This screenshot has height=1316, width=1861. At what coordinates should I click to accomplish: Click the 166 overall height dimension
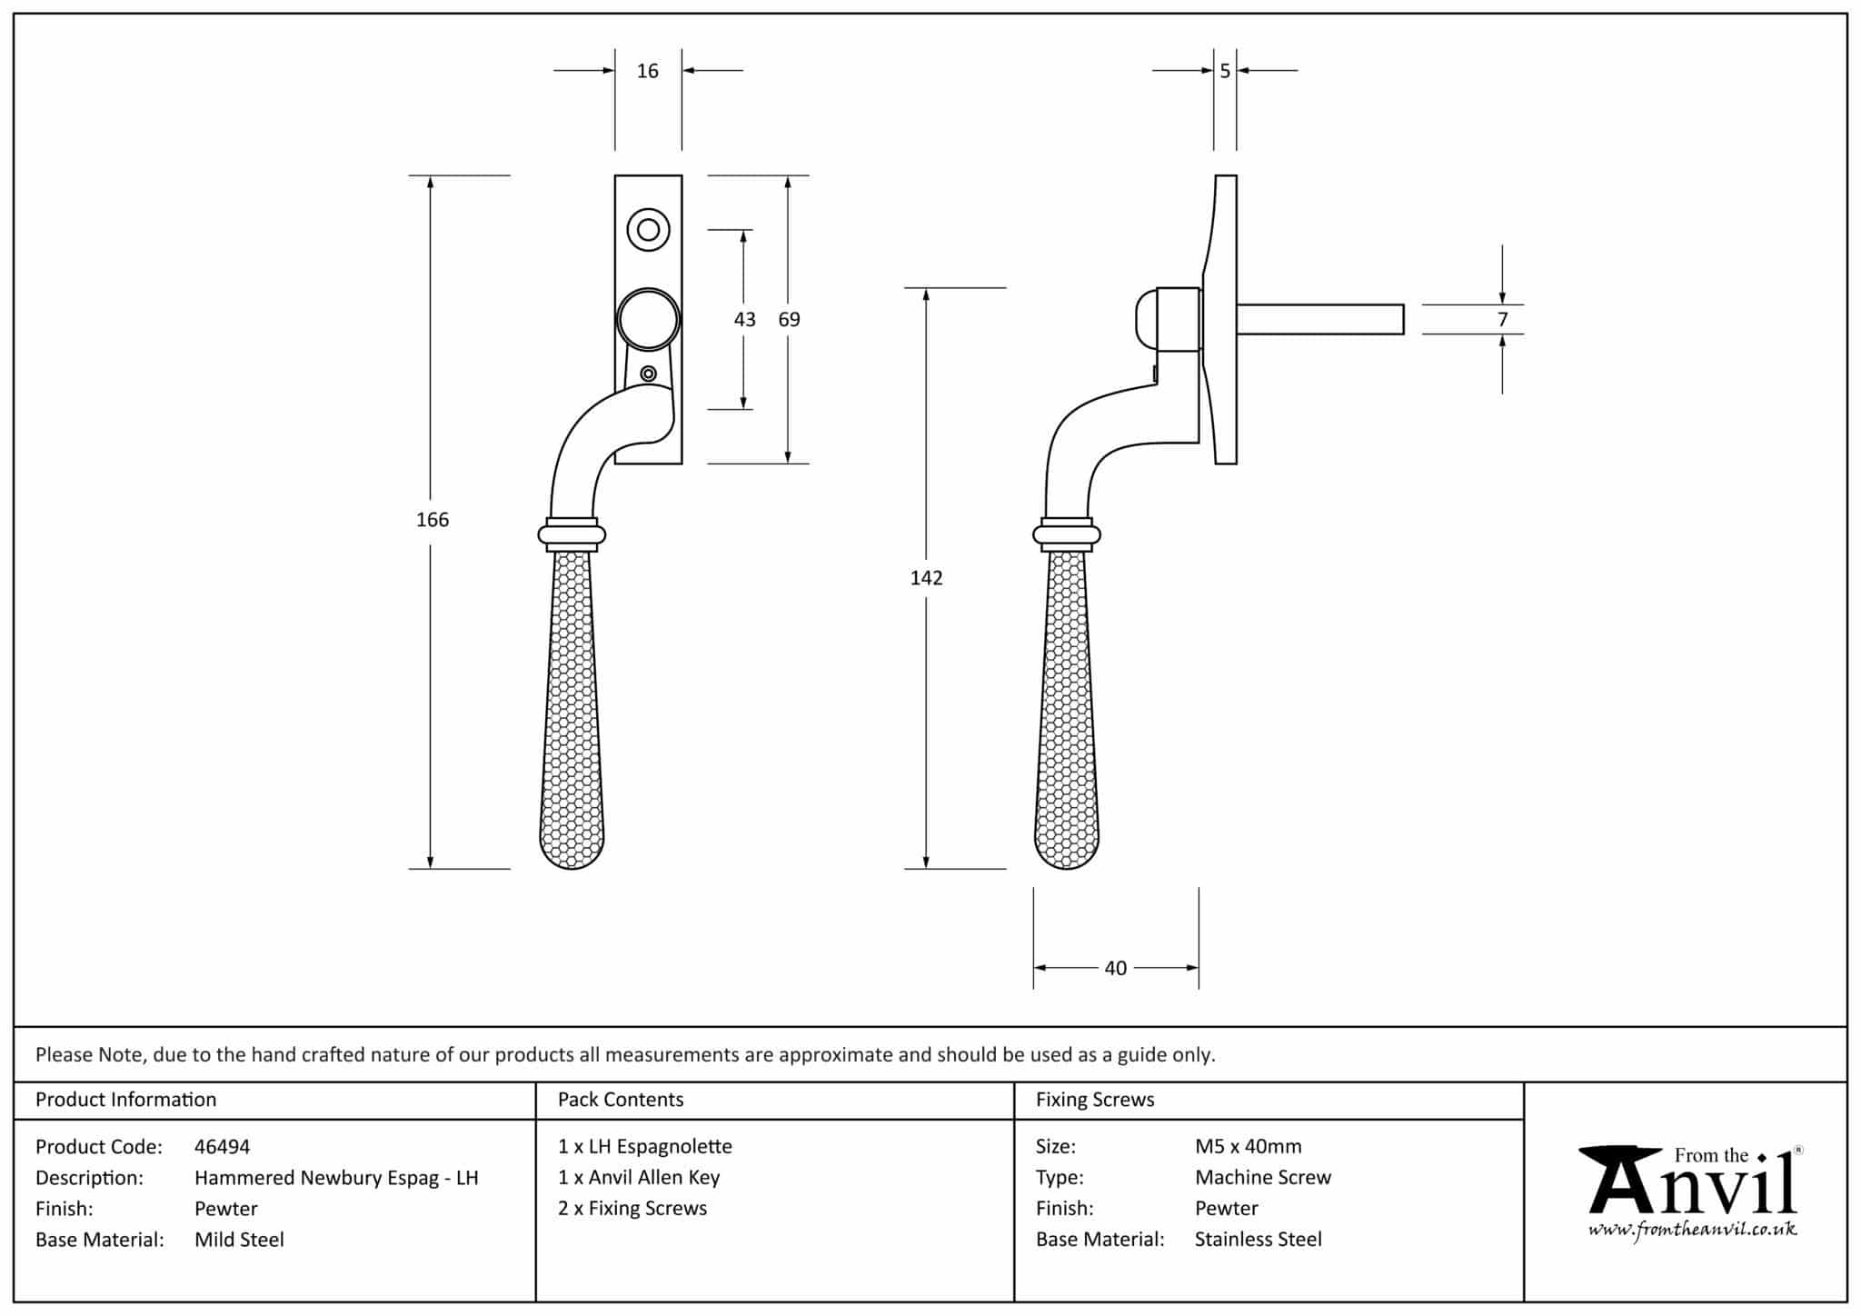(x=433, y=520)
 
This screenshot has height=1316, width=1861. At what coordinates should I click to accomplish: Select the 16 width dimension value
(x=647, y=71)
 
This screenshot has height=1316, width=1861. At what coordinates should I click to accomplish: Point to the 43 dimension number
(x=744, y=319)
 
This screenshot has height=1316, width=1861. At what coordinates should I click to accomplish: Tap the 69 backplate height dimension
(x=789, y=319)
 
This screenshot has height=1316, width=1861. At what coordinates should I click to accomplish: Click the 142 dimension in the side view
(x=926, y=578)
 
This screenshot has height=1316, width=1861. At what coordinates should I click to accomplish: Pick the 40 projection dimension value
(x=1115, y=969)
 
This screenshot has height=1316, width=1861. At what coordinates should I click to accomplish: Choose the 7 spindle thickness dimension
(x=1502, y=319)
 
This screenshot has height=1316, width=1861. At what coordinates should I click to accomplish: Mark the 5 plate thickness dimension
(x=1225, y=71)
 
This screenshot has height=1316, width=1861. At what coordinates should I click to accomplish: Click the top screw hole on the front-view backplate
(x=648, y=230)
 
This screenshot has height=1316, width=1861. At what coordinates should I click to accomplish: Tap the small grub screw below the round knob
(x=648, y=374)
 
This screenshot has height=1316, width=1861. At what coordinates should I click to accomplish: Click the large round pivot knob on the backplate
(x=648, y=320)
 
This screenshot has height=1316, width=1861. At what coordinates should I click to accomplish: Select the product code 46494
(x=222, y=1147)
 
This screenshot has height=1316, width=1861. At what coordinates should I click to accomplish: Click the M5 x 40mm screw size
(x=1248, y=1147)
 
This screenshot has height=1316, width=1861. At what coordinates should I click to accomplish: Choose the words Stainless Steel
(x=1258, y=1240)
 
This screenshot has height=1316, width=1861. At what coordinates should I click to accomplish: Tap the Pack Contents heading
(x=621, y=1100)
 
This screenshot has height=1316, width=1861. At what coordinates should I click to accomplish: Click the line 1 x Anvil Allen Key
(x=639, y=1178)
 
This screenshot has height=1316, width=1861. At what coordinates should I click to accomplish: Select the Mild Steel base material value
(x=239, y=1240)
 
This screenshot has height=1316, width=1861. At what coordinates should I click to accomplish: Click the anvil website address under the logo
(x=1692, y=1231)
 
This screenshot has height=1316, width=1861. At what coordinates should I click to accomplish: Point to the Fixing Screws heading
(x=1095, y=1100)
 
